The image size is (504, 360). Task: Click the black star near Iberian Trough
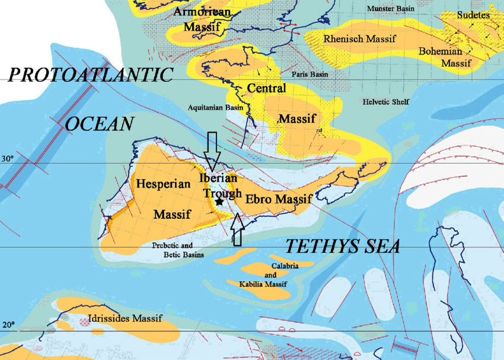219,202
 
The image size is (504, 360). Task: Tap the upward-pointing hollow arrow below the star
237,230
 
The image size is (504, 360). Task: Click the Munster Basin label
391,9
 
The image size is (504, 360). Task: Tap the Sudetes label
473,15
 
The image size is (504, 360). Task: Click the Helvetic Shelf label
386,102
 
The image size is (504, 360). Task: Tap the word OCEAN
99,125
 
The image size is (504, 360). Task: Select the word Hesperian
164,184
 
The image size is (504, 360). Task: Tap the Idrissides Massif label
125,319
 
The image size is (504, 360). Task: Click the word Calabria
284,265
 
